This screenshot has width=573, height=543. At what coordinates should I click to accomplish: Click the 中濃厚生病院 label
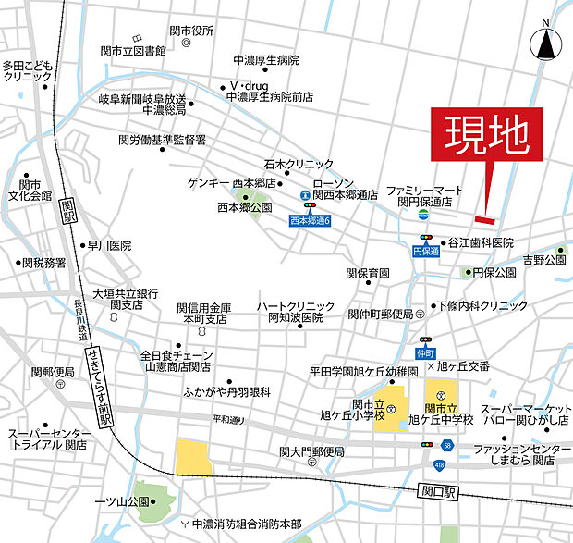(x=266, y=60)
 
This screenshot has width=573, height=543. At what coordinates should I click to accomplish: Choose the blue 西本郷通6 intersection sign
(x=310, y=221)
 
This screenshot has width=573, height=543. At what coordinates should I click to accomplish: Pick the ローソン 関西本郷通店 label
(x=345, y=189)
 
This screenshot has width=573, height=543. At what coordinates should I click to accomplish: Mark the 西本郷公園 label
(x=244, y=208)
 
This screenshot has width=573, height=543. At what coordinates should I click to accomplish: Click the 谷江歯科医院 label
(x=481, y=242)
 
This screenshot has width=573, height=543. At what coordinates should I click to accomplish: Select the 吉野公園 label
(x=543, y=262)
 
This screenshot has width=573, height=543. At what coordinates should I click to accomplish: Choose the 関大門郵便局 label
(x=311, y=451)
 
